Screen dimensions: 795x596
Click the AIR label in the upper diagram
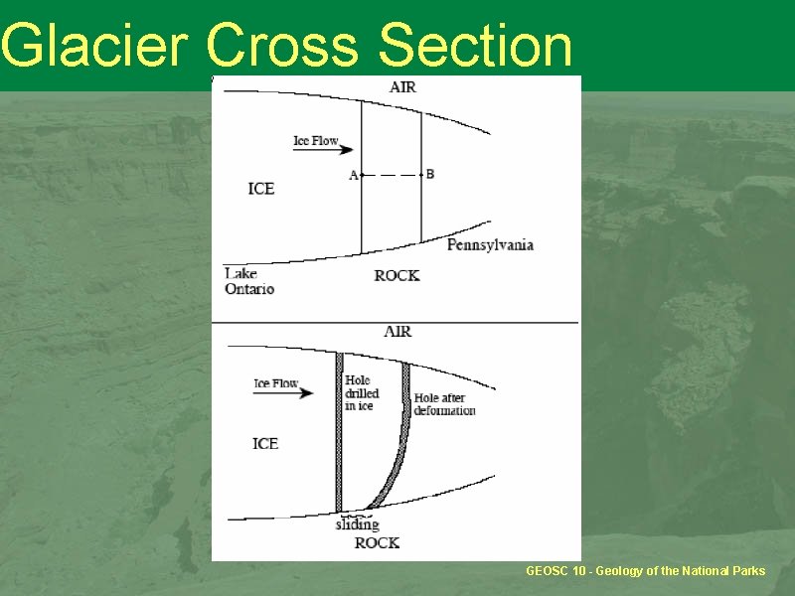point(403,87)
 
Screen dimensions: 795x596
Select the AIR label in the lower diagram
point(398,332)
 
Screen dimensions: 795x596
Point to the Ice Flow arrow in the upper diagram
point(323,150)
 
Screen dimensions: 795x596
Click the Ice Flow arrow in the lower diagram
point(283,392)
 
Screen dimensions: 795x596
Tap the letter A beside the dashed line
point(354,176)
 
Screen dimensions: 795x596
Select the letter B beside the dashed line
point(430,175)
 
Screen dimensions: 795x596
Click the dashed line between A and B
point(392,176)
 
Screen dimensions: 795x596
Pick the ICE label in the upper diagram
point(261,189)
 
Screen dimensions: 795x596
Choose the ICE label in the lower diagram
point(265,444)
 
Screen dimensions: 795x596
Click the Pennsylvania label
point(490,245)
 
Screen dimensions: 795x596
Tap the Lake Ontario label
point(249,281)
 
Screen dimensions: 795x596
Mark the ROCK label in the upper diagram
point(397,276)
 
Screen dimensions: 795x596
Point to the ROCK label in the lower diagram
point(378,543)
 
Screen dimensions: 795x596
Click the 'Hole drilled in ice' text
point(362,392)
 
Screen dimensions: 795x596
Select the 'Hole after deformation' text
point(444,404)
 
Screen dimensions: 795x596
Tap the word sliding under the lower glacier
point(358,524)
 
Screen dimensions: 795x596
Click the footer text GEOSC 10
point(556,571)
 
